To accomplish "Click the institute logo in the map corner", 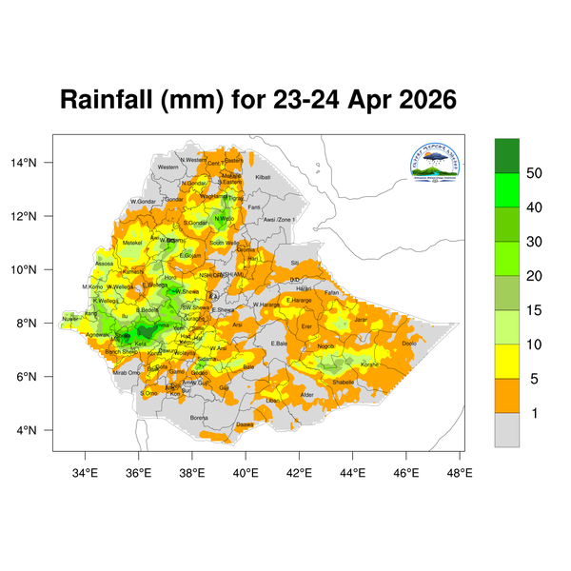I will tap(435, 164).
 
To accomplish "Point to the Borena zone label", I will tap(199, 417).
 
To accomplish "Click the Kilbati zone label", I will tap(264, 177).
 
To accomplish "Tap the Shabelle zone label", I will tap(343, 382).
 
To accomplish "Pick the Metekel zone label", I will tap(132, 243).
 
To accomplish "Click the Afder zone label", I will tap(306, 394).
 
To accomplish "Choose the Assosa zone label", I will tap(105, 264).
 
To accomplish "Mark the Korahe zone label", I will tap(369, 364).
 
